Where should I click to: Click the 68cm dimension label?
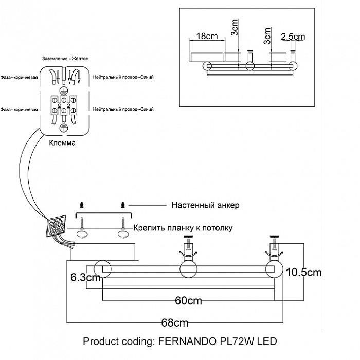pos(174,323)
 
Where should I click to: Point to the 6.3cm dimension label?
pos(85,278)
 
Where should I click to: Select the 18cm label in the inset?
pos(207,37)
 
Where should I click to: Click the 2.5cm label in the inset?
pos(293,37)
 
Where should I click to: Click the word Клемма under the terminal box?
pos(62,143)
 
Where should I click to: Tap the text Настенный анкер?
pos(205,205)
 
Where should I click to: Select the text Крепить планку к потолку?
pos(183,228)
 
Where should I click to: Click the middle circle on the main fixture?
pos(188,269)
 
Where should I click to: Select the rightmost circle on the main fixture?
pos(274,269)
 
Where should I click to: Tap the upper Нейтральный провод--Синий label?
pos(123,77)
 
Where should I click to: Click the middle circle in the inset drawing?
pos(250,66)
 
